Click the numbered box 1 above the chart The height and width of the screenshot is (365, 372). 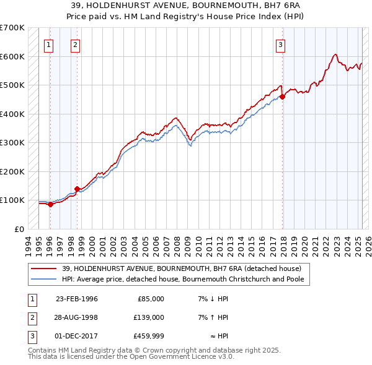click(x=49, y=45)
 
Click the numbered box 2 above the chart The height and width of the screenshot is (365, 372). click(x=75, y=45)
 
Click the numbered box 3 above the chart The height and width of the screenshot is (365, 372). click(x=281, y=45)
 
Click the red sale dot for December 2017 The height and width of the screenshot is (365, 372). click(x=283, y=97)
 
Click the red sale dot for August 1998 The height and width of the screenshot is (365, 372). click(x=77, y=189)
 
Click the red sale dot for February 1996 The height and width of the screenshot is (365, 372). click(x=50, y=204)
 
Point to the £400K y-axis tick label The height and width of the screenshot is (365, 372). click(x=12, y=114)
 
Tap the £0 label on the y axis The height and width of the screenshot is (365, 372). click(x=19, y=229)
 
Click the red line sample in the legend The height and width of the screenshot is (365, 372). click(x=45, y=268)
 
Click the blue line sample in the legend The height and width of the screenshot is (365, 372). click(x=45, y=279)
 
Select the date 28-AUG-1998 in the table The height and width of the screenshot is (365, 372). click(x=77, y=317)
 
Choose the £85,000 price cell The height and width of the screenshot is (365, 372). click(x=150, y=298)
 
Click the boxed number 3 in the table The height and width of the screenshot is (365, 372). click(x=30, y=337)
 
